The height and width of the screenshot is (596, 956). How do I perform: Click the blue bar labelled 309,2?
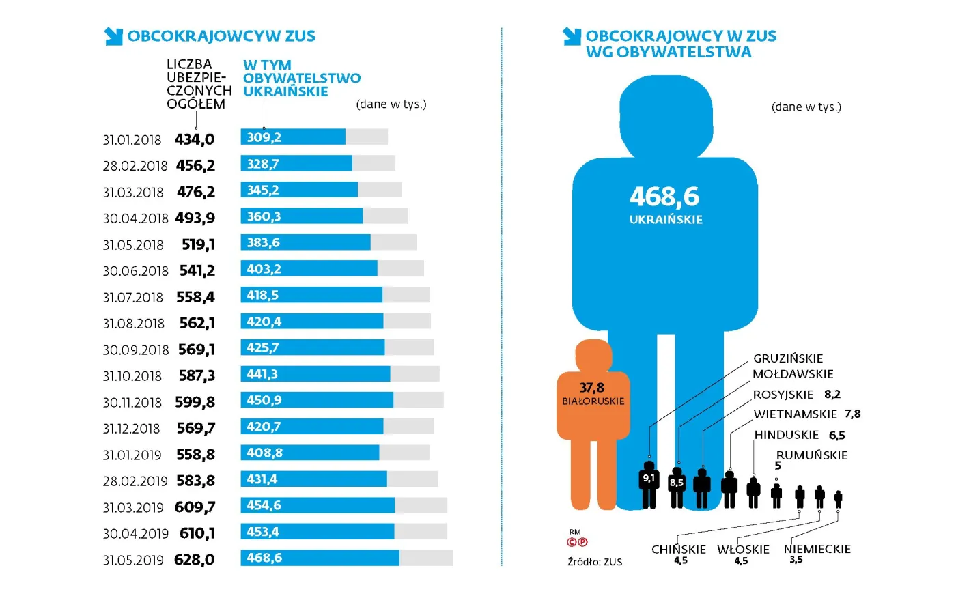293,137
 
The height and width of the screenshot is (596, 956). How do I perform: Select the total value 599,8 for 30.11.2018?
195,402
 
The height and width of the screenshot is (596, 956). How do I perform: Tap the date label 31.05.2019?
133,560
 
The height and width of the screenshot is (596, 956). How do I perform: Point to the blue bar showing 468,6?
320,558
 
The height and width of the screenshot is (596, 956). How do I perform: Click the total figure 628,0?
194,560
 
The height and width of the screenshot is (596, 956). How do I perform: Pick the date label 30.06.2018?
135,271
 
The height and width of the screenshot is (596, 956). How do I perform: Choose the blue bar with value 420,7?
311,427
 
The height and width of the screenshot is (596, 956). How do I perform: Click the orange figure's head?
593,356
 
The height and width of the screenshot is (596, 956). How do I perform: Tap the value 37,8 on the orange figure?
592,388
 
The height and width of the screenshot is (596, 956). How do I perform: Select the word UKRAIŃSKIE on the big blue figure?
666,220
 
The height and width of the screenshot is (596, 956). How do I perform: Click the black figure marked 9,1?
649,484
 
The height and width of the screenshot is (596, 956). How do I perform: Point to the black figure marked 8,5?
677,486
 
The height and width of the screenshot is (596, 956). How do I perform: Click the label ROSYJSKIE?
783,395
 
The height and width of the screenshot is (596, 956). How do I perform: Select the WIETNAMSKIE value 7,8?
852,414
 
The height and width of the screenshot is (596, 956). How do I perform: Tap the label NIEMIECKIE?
817,549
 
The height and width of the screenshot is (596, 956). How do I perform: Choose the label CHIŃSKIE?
678,550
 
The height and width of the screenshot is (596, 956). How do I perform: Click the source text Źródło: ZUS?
595,562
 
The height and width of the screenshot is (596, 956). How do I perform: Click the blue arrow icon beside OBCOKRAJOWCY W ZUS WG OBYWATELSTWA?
572,36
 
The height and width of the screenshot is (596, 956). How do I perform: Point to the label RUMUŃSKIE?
812,455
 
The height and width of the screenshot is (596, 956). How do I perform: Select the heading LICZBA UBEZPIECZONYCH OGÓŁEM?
198,84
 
